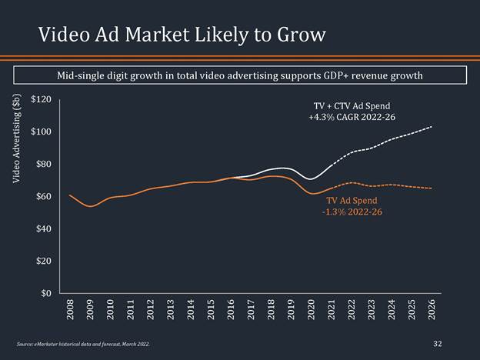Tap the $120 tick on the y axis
pos(41,99)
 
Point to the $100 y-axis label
pos(41,132)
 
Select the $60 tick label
pos(43,197)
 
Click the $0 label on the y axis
pos(45,293)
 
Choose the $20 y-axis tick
pos(43,262)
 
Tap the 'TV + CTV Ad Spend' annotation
pos(352,105)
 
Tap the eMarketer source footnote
pos(82,344)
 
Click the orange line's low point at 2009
pos(90,206)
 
